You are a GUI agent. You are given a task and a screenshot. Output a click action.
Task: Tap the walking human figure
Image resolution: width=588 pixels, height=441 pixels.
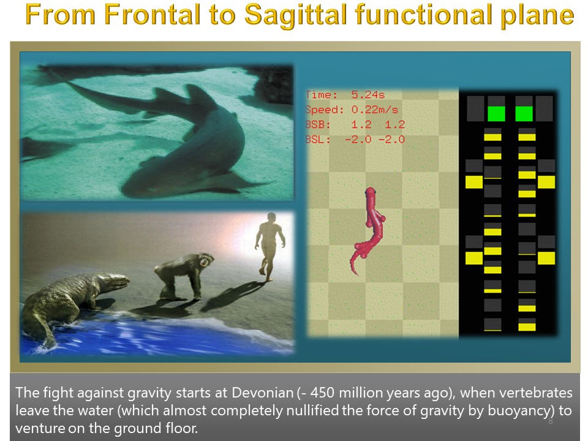point(269,246)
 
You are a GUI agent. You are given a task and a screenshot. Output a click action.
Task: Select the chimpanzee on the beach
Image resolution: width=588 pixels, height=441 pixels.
point(183,276)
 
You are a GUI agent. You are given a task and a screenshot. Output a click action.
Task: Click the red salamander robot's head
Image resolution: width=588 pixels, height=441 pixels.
point(371,192)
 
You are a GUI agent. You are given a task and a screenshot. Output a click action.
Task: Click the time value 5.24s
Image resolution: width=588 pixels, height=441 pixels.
point(368,94)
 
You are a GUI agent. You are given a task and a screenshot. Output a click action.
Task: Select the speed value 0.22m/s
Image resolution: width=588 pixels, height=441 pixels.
point(375,110)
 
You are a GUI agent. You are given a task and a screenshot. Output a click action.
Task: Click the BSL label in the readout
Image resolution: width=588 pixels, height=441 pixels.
point(318,140)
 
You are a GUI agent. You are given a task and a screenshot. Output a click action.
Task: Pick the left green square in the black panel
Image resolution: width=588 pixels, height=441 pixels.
point(496,114)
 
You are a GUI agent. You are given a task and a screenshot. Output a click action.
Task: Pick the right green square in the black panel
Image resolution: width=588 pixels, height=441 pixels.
point(524,114)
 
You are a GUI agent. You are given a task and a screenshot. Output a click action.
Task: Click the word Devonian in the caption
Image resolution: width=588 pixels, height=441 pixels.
point(263,393)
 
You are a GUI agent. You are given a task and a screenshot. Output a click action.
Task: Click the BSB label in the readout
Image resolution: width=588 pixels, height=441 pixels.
point(318,124)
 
